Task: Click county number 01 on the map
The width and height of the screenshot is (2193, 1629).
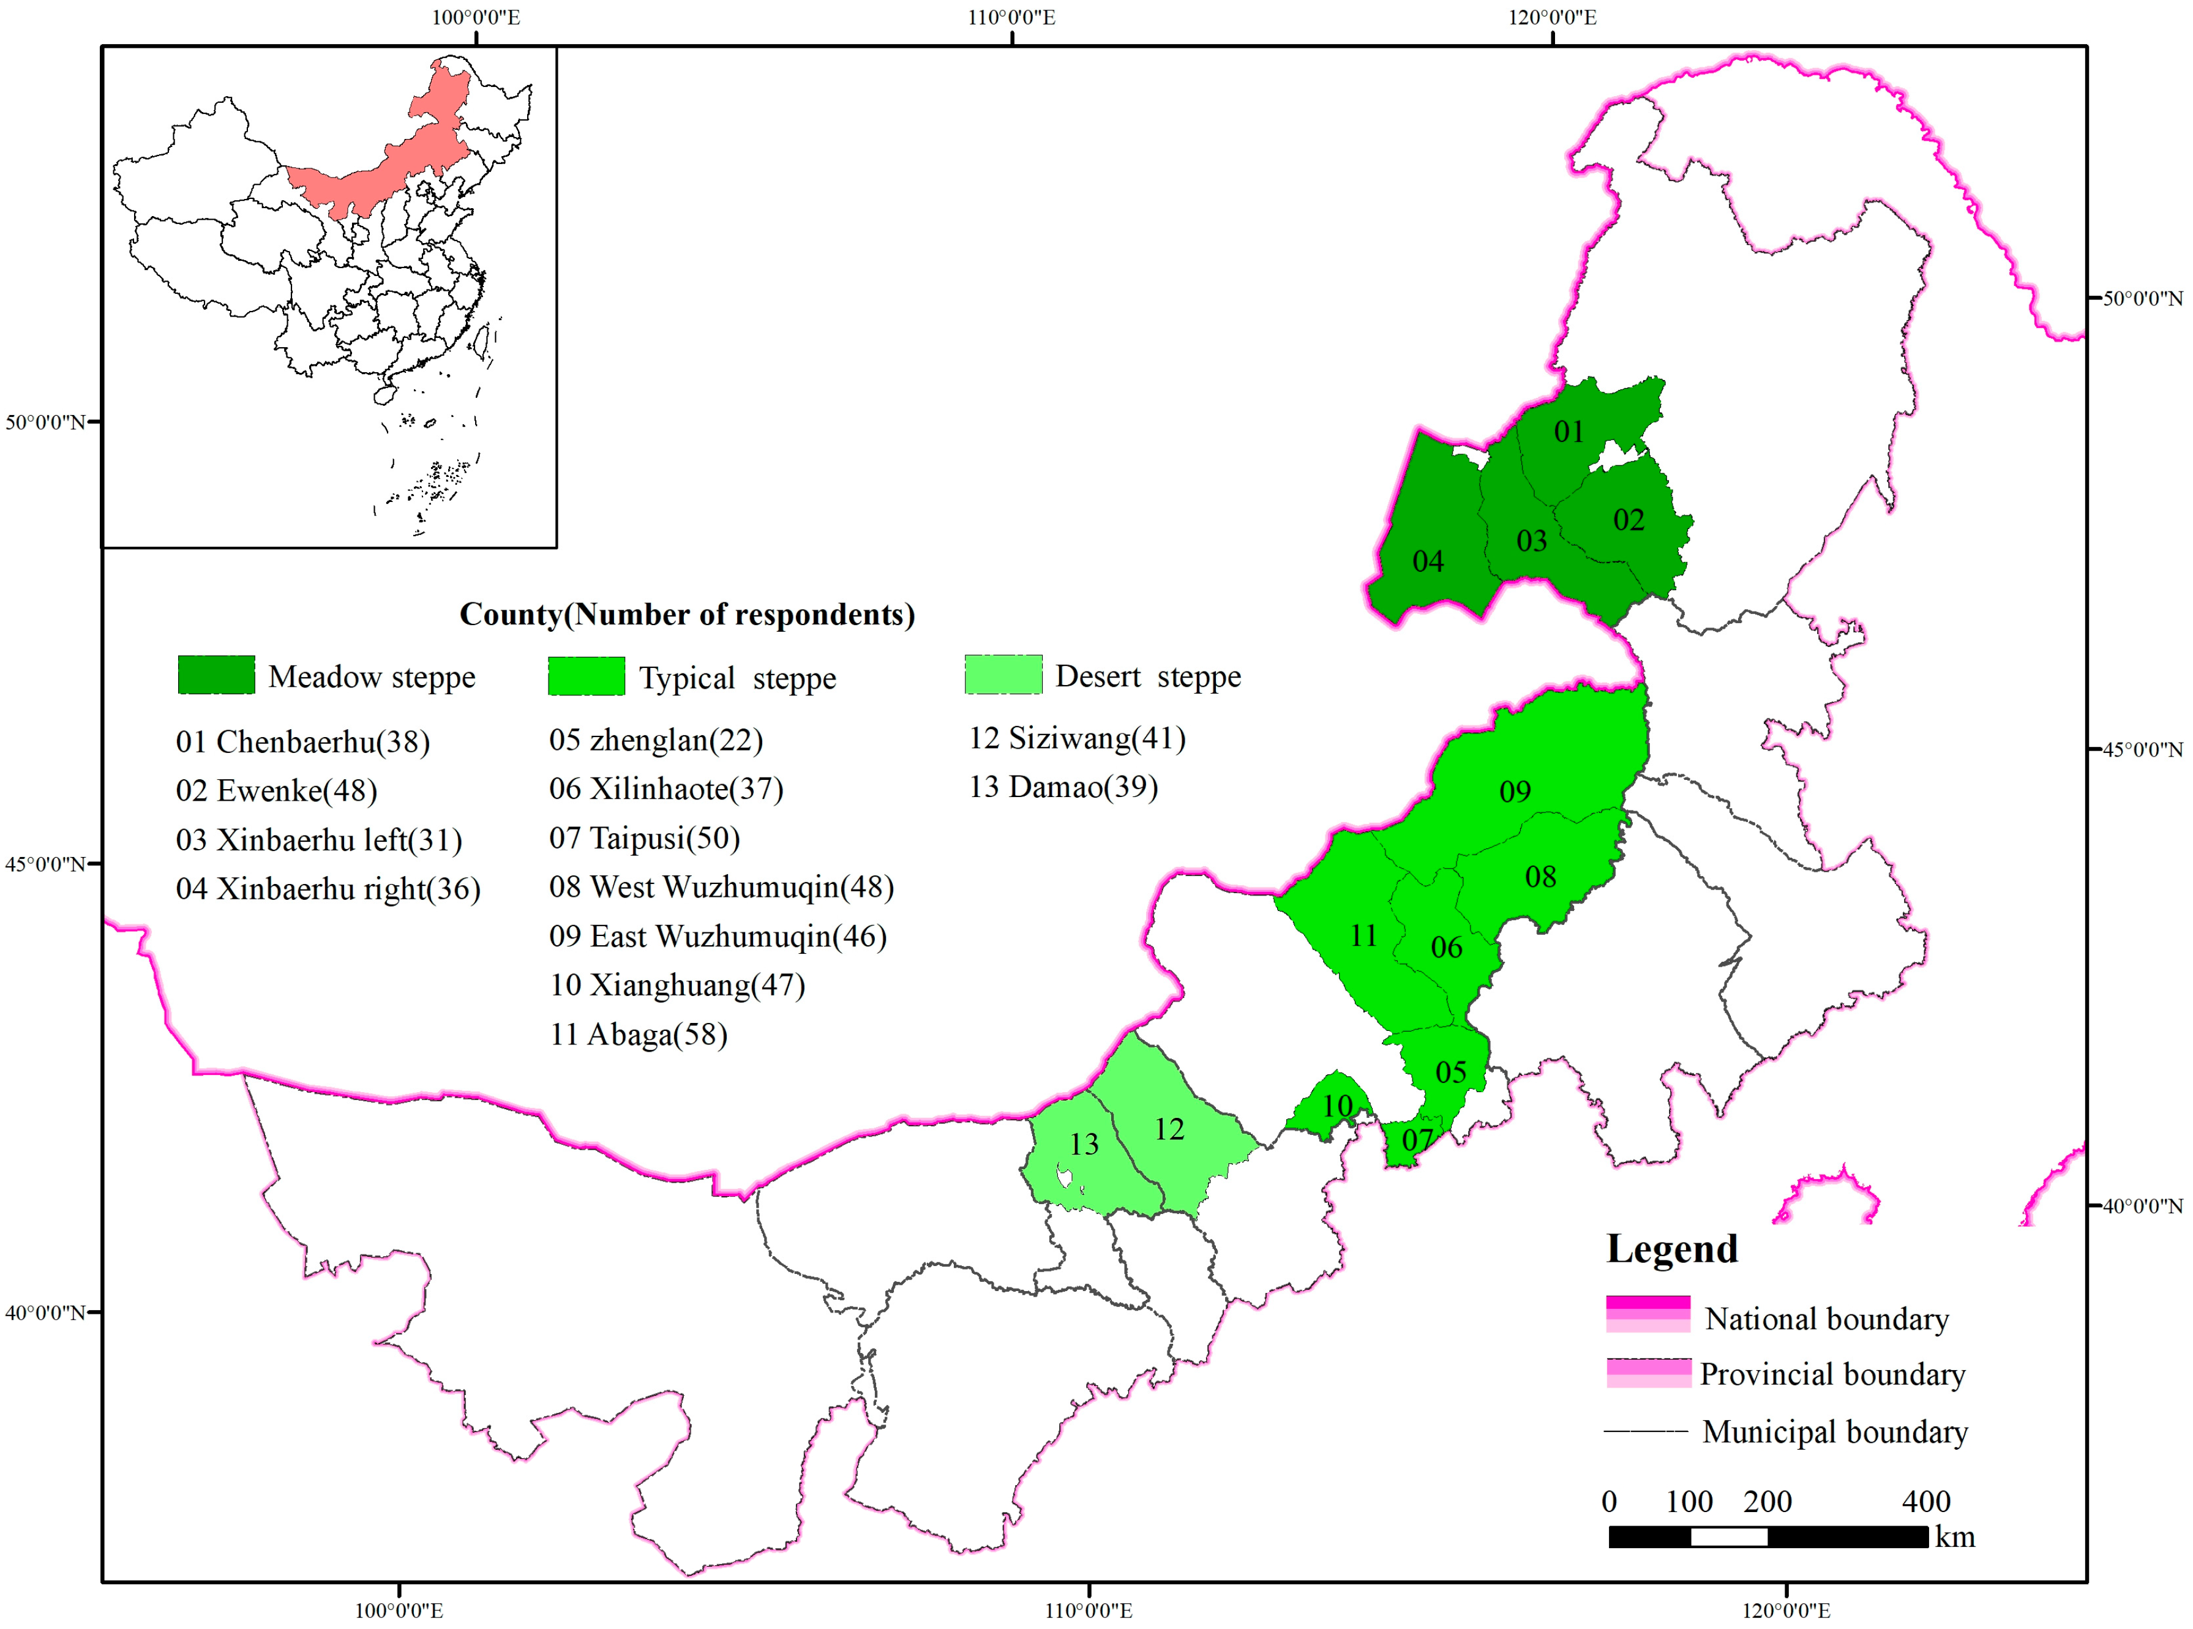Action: click(1568, 432)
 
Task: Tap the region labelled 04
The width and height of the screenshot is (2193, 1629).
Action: click(1427, 561)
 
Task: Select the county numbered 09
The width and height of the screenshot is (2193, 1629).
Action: click(1515, 791)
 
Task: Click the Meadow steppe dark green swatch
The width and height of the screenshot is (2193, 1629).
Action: click(216, 675)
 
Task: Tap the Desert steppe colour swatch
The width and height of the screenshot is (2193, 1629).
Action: click(1003, 675)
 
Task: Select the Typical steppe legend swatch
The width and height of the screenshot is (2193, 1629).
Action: click(587, 676)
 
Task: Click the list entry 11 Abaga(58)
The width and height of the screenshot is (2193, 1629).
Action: click(638, 1035)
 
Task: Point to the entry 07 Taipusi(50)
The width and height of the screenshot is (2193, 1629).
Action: click(644, 838)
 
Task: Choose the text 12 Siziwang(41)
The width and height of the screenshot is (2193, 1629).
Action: click(1077, 738)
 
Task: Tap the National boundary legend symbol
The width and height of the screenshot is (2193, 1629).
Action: click(1648, 1314)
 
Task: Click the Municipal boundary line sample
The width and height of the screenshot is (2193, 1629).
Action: click(1644, 1431)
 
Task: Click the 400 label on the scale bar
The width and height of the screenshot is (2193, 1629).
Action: click(1925, 1502)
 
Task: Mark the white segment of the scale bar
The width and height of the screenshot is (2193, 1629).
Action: click(1728, 1537)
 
